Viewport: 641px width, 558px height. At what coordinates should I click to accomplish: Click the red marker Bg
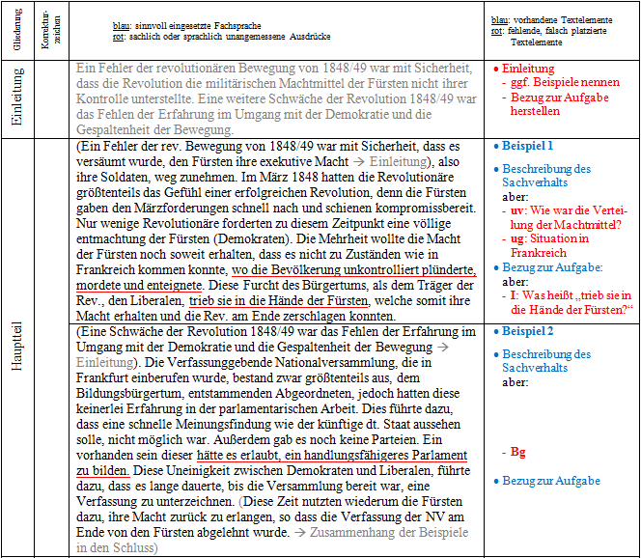tap(517, 452)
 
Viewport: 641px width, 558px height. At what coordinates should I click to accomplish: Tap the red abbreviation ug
tap(517, 238)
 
